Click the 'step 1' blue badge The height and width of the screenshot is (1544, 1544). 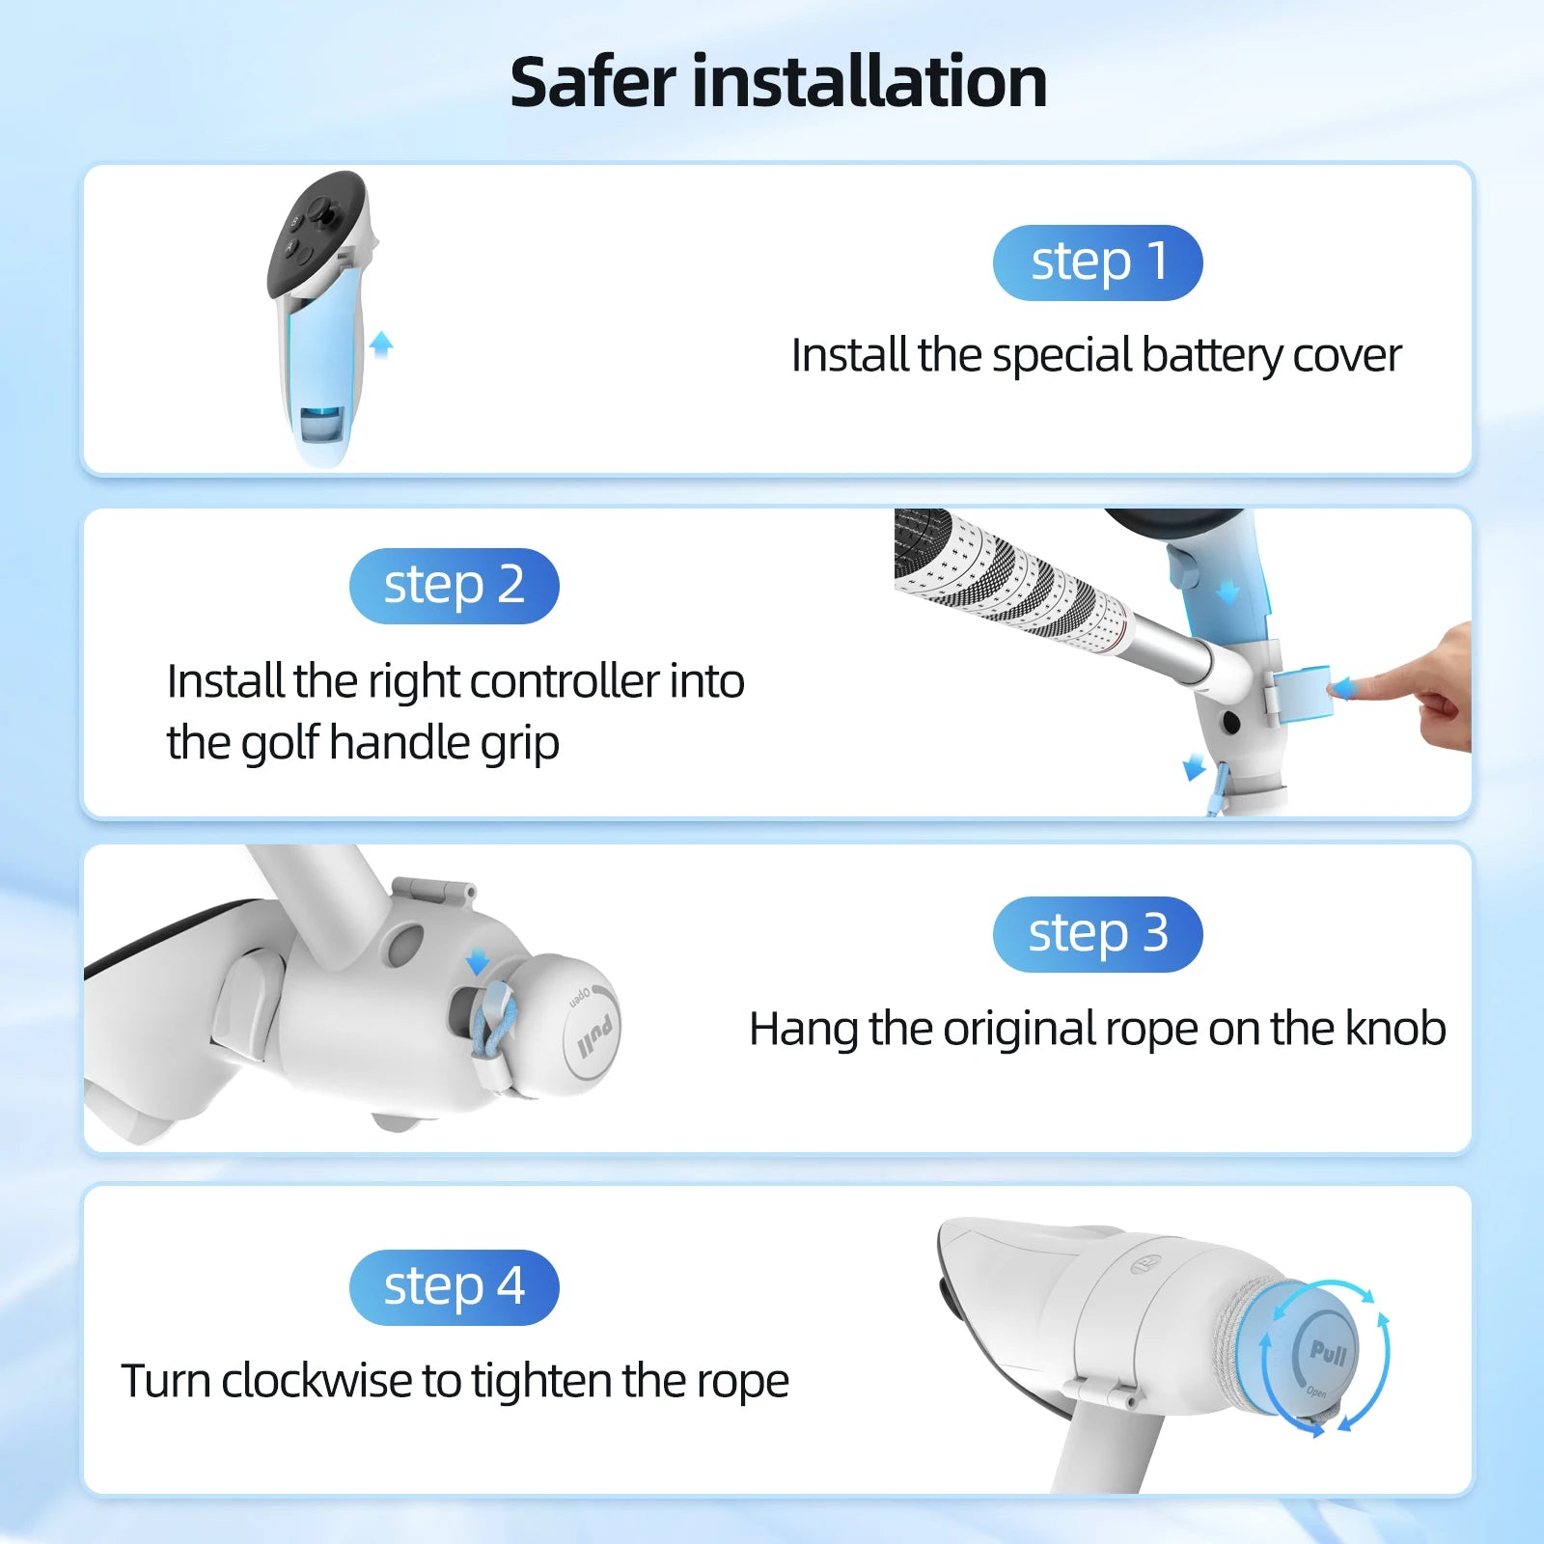[x=1097, y=262]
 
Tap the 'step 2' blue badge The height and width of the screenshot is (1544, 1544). [x=454, y=586]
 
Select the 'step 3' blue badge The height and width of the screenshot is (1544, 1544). [x=1097, y=934]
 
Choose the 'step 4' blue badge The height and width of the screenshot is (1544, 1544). [x=454, y=1287]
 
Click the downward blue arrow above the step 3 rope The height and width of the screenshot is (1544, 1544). [x=477, y=961]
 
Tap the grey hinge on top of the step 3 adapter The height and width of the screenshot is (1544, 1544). [x=434, y=890]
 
